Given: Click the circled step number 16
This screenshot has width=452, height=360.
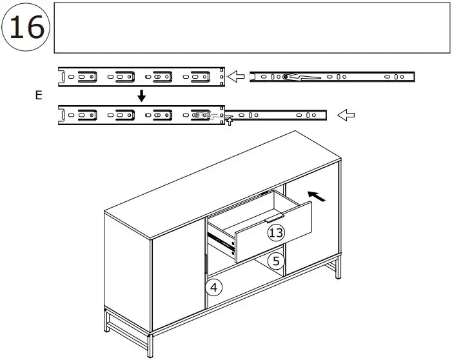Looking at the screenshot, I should pyautogui.click(x=26, y=27).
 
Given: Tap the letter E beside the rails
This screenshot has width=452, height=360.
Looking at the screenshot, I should pyautogui.click(x=39, y=95).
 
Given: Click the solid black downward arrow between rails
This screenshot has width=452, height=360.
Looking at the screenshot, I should pyautogui.click(x=141, y=95).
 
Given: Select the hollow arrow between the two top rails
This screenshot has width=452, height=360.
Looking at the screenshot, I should pyautogui.click(x=237, y=77).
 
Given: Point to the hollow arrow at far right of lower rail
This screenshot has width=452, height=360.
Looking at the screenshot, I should pyautogui.click(x=346, y=115).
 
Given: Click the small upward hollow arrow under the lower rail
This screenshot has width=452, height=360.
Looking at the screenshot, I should pyautogui.click(x=228, y=121).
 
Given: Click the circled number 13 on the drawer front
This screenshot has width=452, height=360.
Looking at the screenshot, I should pyautogui.click(x=276, y=233).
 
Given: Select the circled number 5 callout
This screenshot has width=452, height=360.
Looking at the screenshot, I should pyautogui.click(x=275, y=261).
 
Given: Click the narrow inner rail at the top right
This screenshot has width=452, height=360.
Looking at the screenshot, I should pyautogui.click(x=331, y=77).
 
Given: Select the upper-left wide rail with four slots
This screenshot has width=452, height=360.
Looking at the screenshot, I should pyautogui.click(x=141, y=76).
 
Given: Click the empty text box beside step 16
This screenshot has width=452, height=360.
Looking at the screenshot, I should pyautogui.click(x=251, y=27).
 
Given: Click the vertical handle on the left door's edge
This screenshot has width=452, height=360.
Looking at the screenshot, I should pyautogui.click(x=204, y=265).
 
